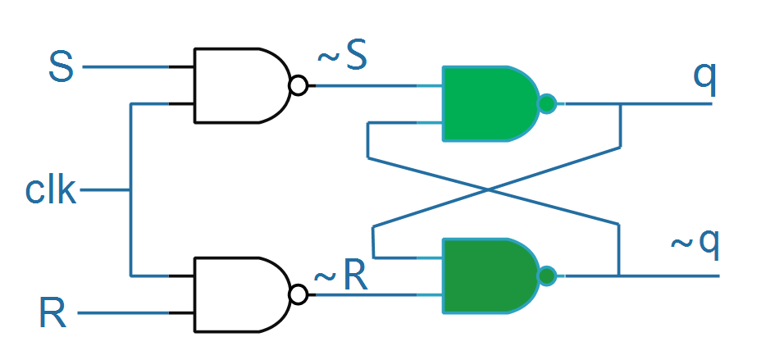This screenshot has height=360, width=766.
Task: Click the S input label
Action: tap(61, 67)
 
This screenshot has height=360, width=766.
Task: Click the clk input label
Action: tap(51, 190)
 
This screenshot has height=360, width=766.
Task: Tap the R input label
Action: tap(52, 313)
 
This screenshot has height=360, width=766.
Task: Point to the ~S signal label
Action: tap(342, 57)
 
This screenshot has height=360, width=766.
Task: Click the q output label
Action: tap(705, 79)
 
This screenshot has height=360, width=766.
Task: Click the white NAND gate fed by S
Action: tap(242, 85)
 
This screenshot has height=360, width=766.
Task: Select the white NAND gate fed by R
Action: tap(242, 294)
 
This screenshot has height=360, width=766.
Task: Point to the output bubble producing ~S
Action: tap(299, 85)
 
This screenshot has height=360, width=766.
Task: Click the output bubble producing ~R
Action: tap(299, 294)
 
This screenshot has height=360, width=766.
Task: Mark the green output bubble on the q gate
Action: tap(547, 103)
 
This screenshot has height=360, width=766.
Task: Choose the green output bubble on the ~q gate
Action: tap(547, 276)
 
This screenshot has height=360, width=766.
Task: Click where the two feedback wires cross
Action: tap(488, 189)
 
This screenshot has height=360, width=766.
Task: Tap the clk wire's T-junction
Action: tap(130, 190)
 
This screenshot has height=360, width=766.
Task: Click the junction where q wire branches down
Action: tap(620, 104)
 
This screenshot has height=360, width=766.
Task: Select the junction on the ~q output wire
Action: tap(619, 276)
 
